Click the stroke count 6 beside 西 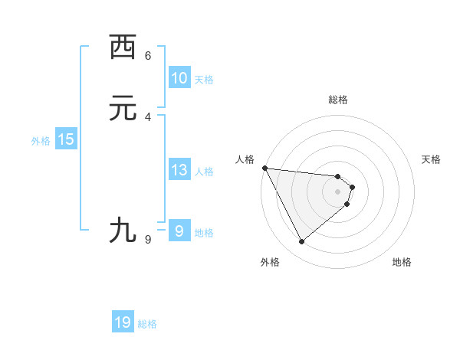tap(148, 55)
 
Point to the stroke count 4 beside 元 tap(148, 116)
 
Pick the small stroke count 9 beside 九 tap(148, 240)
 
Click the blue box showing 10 tap(179, 78)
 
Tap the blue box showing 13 tap(179, 170)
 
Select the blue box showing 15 tap(66, 139)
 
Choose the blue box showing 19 tap(123, 322)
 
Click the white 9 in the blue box tap(179, 231)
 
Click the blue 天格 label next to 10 tap(204, 80)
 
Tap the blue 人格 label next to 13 tap(204, 172)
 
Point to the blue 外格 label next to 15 tap(41, 141)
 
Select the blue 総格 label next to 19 tap(147, 324)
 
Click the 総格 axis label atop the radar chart tap(338, 100)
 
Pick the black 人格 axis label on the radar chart tap(245, 159)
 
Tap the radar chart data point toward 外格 tap(301, 242)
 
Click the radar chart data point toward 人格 tap(264, 168)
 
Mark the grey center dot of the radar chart tap(338, 191)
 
